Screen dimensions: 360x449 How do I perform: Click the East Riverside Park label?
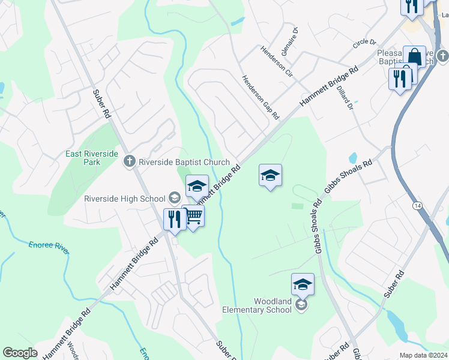pyautogui.click(x=92, y=158)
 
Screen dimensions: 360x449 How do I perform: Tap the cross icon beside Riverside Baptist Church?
pyautogui.click(x=128, y=161)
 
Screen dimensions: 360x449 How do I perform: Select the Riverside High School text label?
pyautogui.click(x=124, y=199)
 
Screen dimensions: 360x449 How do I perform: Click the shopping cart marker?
pyautogui.click(x=193, y=216)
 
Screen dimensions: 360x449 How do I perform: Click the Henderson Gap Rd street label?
pyautogui.click(x=261, y=96)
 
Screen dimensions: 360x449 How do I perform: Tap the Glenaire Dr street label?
pyautogui.click(x=295, y=38)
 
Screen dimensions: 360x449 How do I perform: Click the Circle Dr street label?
pyautogui.click(x=364, y=43)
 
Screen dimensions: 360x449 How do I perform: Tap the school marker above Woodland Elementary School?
pyautogui.click(x=303, y=284)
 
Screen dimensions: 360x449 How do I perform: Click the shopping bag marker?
pyautogui.click(x=414, y=57)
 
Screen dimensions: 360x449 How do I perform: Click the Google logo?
pyautogui.click(x=20, y=353)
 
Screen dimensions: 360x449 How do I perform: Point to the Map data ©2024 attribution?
pyautogui.click(x=423, y=355)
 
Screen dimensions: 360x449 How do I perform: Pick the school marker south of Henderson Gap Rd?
pyautogui.click(x=270, y=175)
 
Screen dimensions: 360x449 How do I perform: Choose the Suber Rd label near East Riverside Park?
pyautogui.click(x=103, y=103)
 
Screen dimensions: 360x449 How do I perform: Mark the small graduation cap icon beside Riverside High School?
pyautogui.click(x=174, y=198)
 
